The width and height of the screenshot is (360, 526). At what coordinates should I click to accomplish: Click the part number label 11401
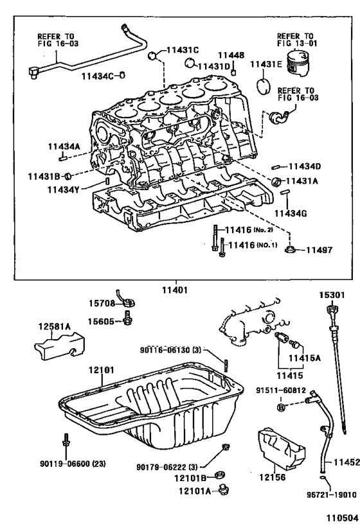coord(174,290)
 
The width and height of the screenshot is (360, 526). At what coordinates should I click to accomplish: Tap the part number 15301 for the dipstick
coord(333,295)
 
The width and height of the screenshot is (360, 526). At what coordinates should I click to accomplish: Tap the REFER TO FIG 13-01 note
coord(295,40)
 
